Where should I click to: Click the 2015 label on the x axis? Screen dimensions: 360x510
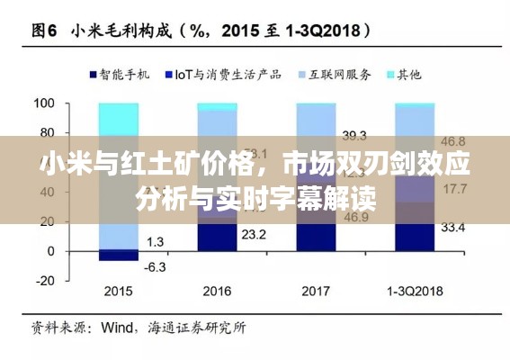pos(118,292)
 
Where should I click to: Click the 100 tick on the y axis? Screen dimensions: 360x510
pos(43,104)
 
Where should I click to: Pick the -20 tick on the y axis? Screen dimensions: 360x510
pos(44,279)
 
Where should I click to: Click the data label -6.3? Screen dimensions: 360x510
pos(155,266)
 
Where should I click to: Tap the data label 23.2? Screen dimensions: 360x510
pos(255,234)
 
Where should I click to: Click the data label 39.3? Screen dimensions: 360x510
pos(354,136)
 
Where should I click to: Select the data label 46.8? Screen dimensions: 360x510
pos(453,141)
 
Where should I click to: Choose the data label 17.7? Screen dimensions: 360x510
pos(454,188)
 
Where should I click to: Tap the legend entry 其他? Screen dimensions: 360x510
pos(408,74)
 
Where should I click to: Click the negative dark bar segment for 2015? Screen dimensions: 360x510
pos(118,255)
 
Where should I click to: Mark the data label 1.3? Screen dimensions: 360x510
pos(155,241)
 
